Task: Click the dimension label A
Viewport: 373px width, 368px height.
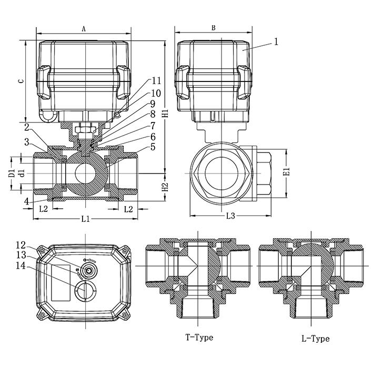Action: [84, 29]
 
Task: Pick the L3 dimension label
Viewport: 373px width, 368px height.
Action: [230, 216]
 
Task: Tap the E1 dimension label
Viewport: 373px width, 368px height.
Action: [287, 171]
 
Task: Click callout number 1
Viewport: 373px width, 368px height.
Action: [276, 41]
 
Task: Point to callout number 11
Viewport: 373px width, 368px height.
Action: [156, 80]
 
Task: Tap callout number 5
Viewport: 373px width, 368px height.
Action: [153, 147]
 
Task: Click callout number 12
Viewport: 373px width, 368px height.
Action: [20, 245]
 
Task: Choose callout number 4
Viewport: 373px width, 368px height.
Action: [26, 200]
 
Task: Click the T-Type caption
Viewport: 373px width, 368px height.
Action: [199, 337]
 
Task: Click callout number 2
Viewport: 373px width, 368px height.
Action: [26, 127]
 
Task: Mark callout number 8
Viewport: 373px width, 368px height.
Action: [153, 114]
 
